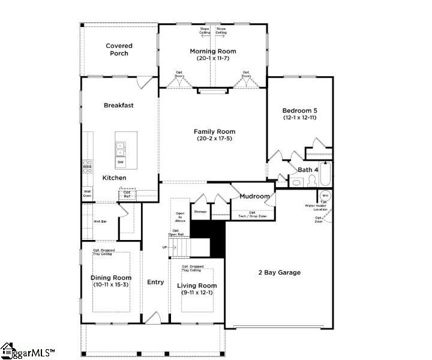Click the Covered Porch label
(119, 50)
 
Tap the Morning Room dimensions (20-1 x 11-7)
(213, 59)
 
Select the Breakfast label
(118, 105)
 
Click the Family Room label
(214, 131)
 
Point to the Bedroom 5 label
(299, 110)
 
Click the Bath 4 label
(308, 170)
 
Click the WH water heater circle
(325, 196)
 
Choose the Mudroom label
(254, 196)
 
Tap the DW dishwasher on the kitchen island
(121, 162)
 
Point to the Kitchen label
(114, 178)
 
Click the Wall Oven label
(87, 194)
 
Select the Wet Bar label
(100, 221)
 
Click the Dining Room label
(111, 277)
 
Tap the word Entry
(155, 282)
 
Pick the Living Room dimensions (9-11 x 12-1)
(197, 293)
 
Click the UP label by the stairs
(165, 247)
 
